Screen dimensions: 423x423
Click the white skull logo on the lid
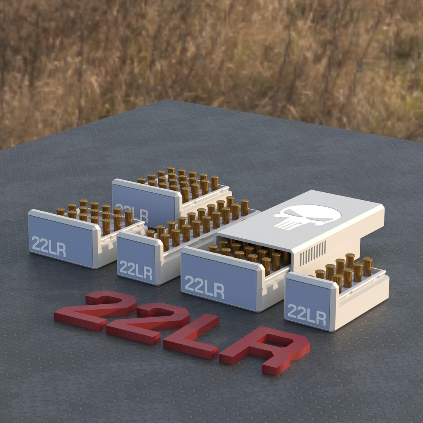tap(307, 217)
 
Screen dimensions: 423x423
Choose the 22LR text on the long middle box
tap(136, 270)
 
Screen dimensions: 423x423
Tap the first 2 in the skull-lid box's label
tap(190, 284)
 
